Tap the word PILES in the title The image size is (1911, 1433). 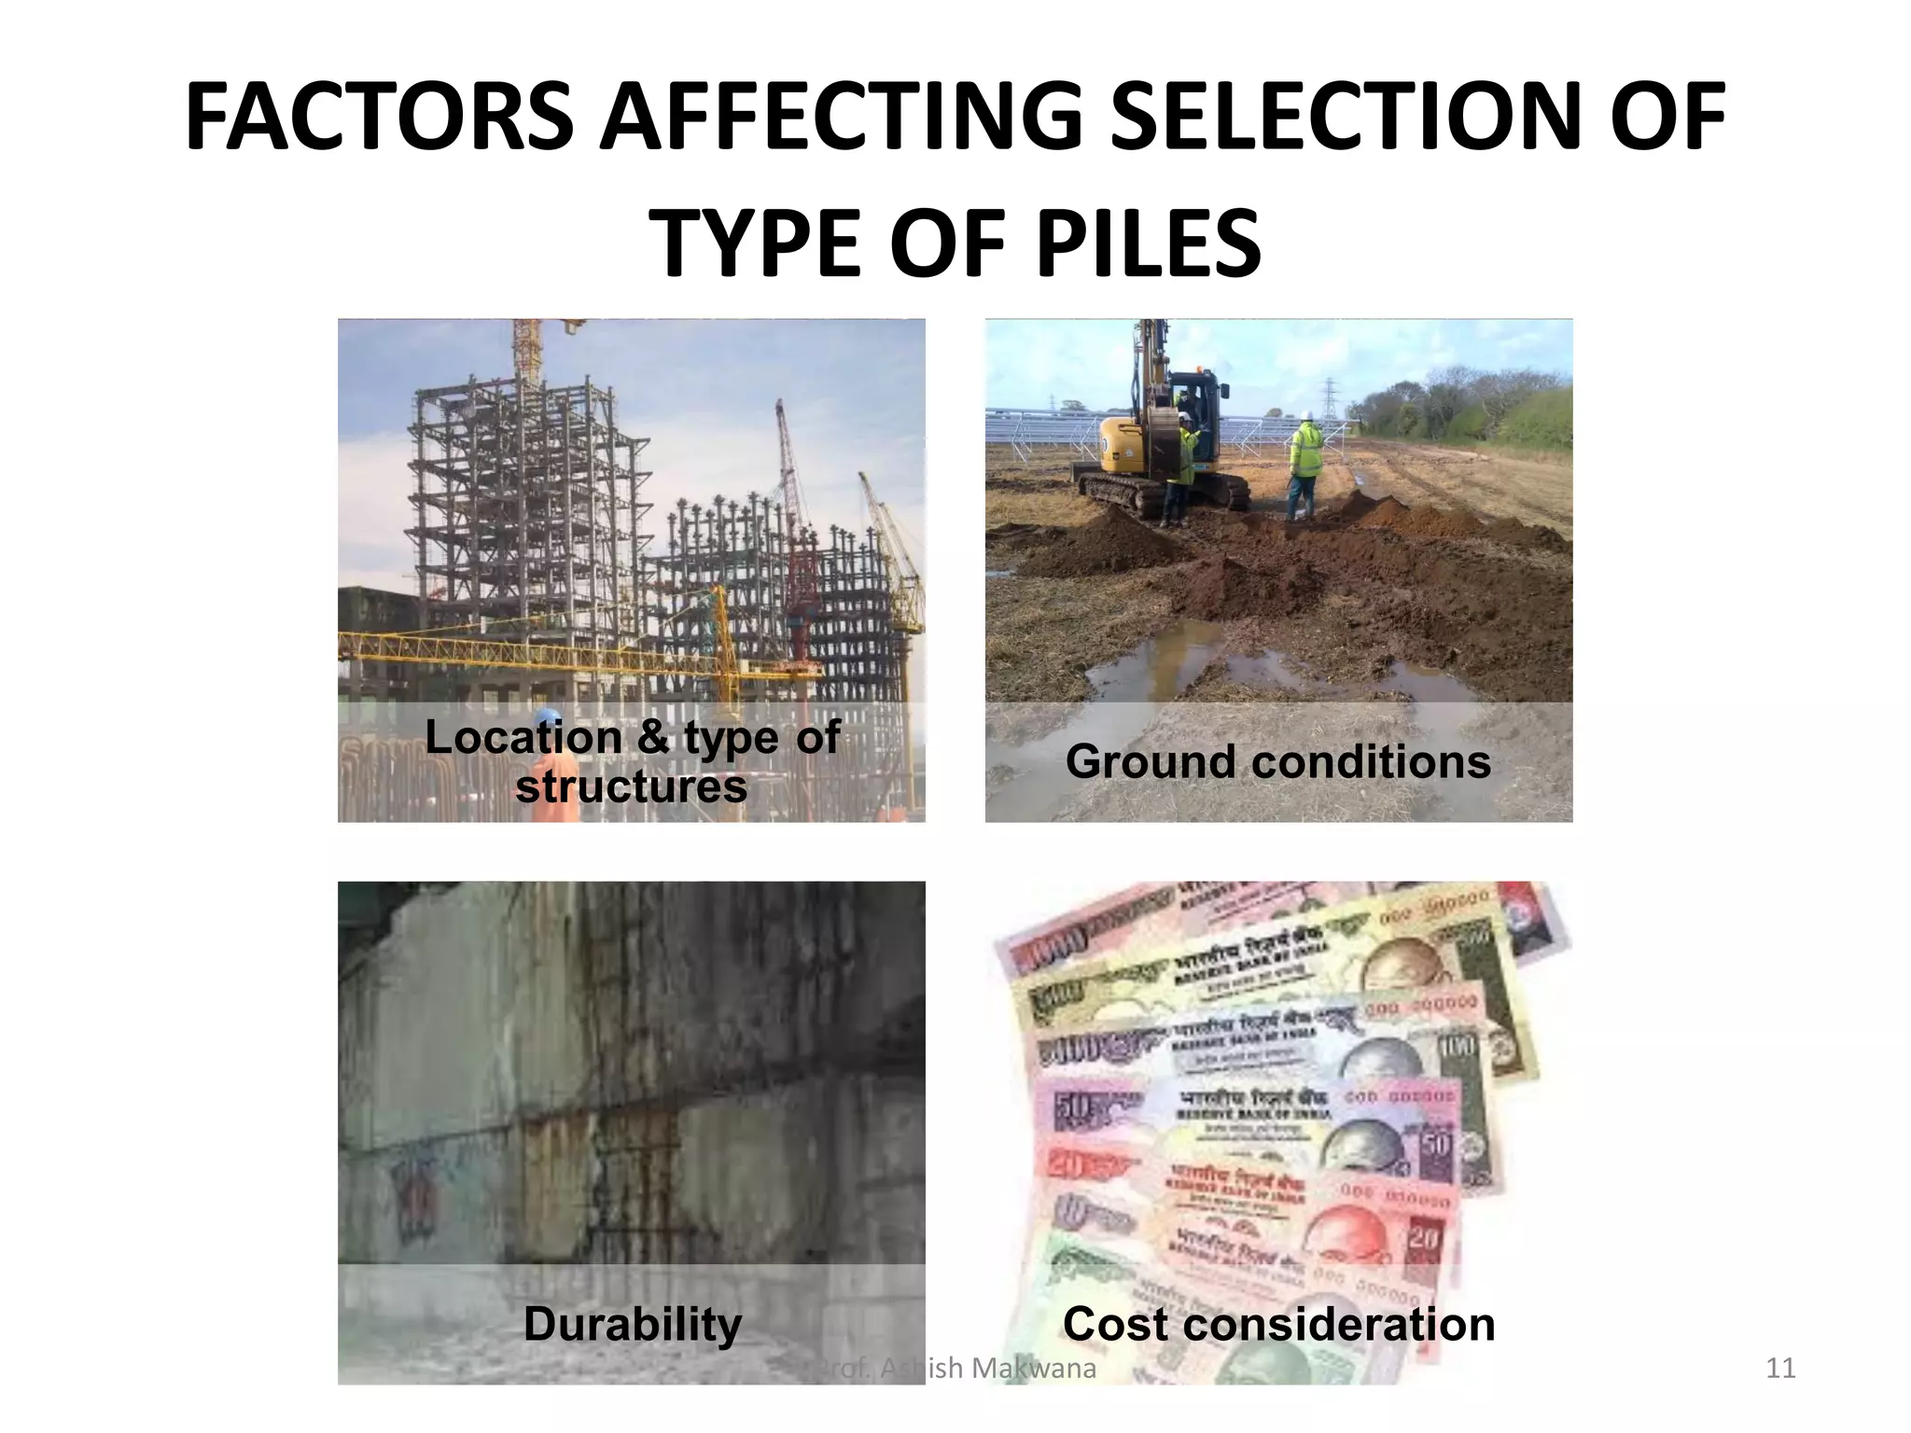pos(1148,243)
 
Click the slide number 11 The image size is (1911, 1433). pos(1780,1368)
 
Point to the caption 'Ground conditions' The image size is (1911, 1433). pos(1277,761)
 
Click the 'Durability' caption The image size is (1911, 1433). pos(632,1323)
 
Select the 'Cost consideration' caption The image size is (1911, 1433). pos(1278,1323)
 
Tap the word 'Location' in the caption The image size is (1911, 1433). pos(523,737)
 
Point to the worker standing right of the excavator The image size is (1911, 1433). pos(1304,466)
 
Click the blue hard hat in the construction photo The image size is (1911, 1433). pos(548,716)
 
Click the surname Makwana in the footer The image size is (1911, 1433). pos(1033,1368)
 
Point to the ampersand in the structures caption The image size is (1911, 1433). pos(653,737)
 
